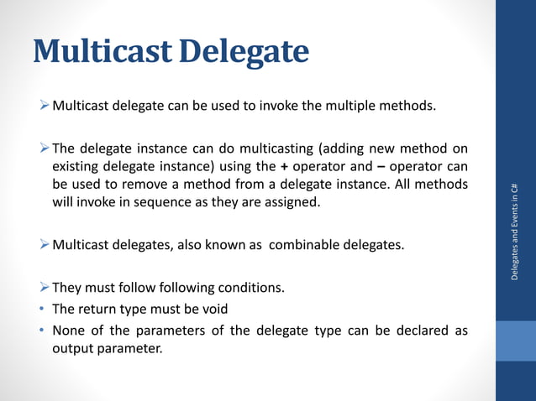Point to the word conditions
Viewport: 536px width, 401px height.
pos(253,288)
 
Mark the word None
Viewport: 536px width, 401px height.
pos(69,330)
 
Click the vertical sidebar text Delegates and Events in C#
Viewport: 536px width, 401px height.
pos(515,230)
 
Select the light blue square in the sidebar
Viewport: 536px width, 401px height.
pos(515,341)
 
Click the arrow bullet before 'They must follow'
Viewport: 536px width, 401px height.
pos(45,288)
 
